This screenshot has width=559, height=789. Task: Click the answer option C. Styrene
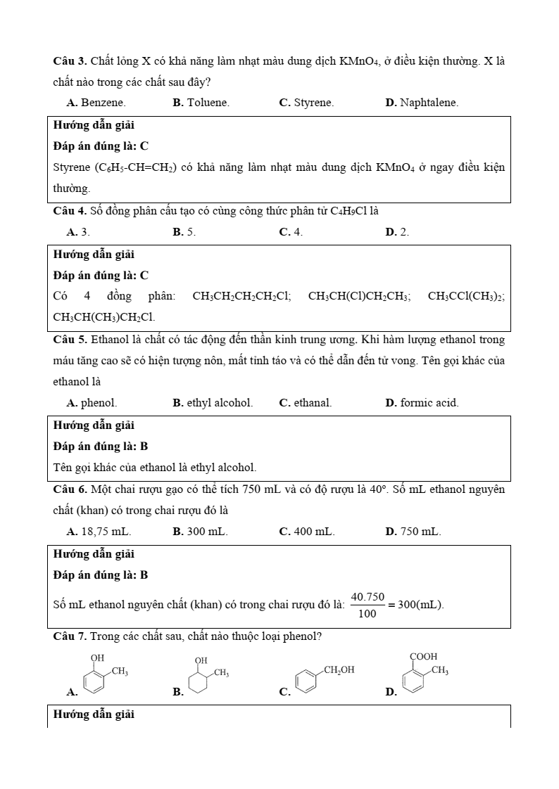(306, 103)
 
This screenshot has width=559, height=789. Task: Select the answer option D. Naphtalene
(422, 103)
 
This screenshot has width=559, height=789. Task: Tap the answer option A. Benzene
(96, 103)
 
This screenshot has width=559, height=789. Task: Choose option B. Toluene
(201, 103)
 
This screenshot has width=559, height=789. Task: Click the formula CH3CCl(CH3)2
(466, 296)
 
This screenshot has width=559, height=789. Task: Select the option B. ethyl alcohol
(213, 403)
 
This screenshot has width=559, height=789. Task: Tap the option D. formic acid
(422, 403)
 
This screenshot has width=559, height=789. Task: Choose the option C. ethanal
(306, 403)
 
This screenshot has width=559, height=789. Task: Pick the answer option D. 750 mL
(413, 532)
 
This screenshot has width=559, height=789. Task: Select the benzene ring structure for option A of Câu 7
(94, 683)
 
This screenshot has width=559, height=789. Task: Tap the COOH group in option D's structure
(423, 656)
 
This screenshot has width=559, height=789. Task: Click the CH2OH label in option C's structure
(339, 670)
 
